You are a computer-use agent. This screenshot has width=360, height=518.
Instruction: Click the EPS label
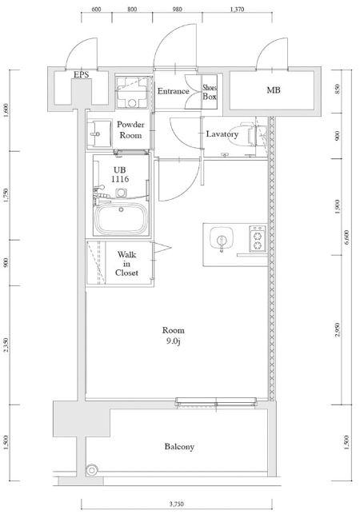tap(81, 74)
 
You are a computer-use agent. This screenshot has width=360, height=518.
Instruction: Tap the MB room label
tap(274, 90)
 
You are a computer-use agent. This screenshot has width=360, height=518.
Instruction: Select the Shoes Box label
tap(210, 92)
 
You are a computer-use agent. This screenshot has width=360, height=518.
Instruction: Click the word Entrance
tap(174, 91)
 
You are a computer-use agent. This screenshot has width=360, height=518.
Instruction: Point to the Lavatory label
tap(222, 134)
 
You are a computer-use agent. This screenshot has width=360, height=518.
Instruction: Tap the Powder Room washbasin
tap(99, 133)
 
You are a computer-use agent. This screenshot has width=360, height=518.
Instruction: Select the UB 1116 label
tap(120, 174)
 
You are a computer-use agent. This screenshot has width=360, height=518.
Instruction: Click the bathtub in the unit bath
tap(121, 218)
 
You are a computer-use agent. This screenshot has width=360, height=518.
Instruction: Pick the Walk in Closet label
tap(126, 264)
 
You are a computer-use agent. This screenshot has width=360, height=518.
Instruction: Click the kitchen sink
tap(221, 239)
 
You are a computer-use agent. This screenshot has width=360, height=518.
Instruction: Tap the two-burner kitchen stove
tap(258, 238)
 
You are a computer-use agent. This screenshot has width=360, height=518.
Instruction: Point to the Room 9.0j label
tap(174, 336)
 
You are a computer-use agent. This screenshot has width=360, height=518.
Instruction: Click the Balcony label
tap(179, 447)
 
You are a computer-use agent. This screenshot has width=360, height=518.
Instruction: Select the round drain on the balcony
tap(91, 469)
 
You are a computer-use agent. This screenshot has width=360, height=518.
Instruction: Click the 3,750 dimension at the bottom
tap(177, 504)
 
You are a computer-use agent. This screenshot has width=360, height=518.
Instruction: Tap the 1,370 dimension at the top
tap(237, 10)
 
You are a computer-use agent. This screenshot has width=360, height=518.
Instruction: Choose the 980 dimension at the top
tap(177, 10)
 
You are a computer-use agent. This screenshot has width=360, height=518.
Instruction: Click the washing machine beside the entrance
tap(132, 93)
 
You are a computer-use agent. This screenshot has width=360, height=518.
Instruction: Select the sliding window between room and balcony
tap(216, 402)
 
